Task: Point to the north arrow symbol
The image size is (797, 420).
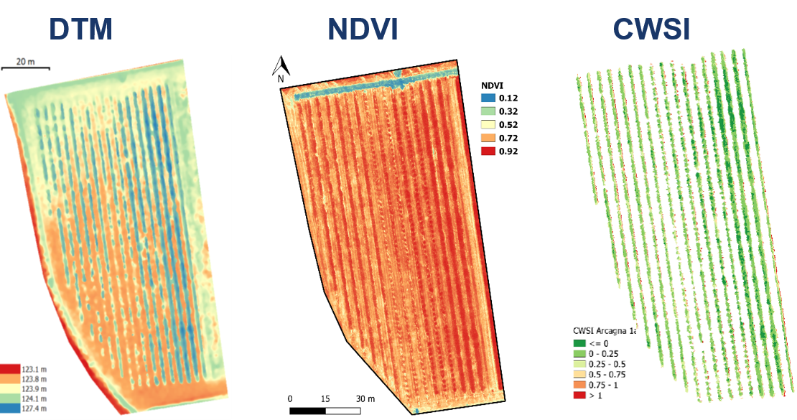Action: pos(281,68)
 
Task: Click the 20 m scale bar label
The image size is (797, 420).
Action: pos(25,62)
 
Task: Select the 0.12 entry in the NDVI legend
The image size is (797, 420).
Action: pos(508,98)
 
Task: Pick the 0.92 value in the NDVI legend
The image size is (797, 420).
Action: pos(508,151)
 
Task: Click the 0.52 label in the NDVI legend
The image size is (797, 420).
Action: pos(508,124)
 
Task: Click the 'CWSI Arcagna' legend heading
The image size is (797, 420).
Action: pos(602,331)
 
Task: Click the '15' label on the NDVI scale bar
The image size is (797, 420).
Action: pos(325,398)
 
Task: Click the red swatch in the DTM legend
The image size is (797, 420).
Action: pos(13,368)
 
